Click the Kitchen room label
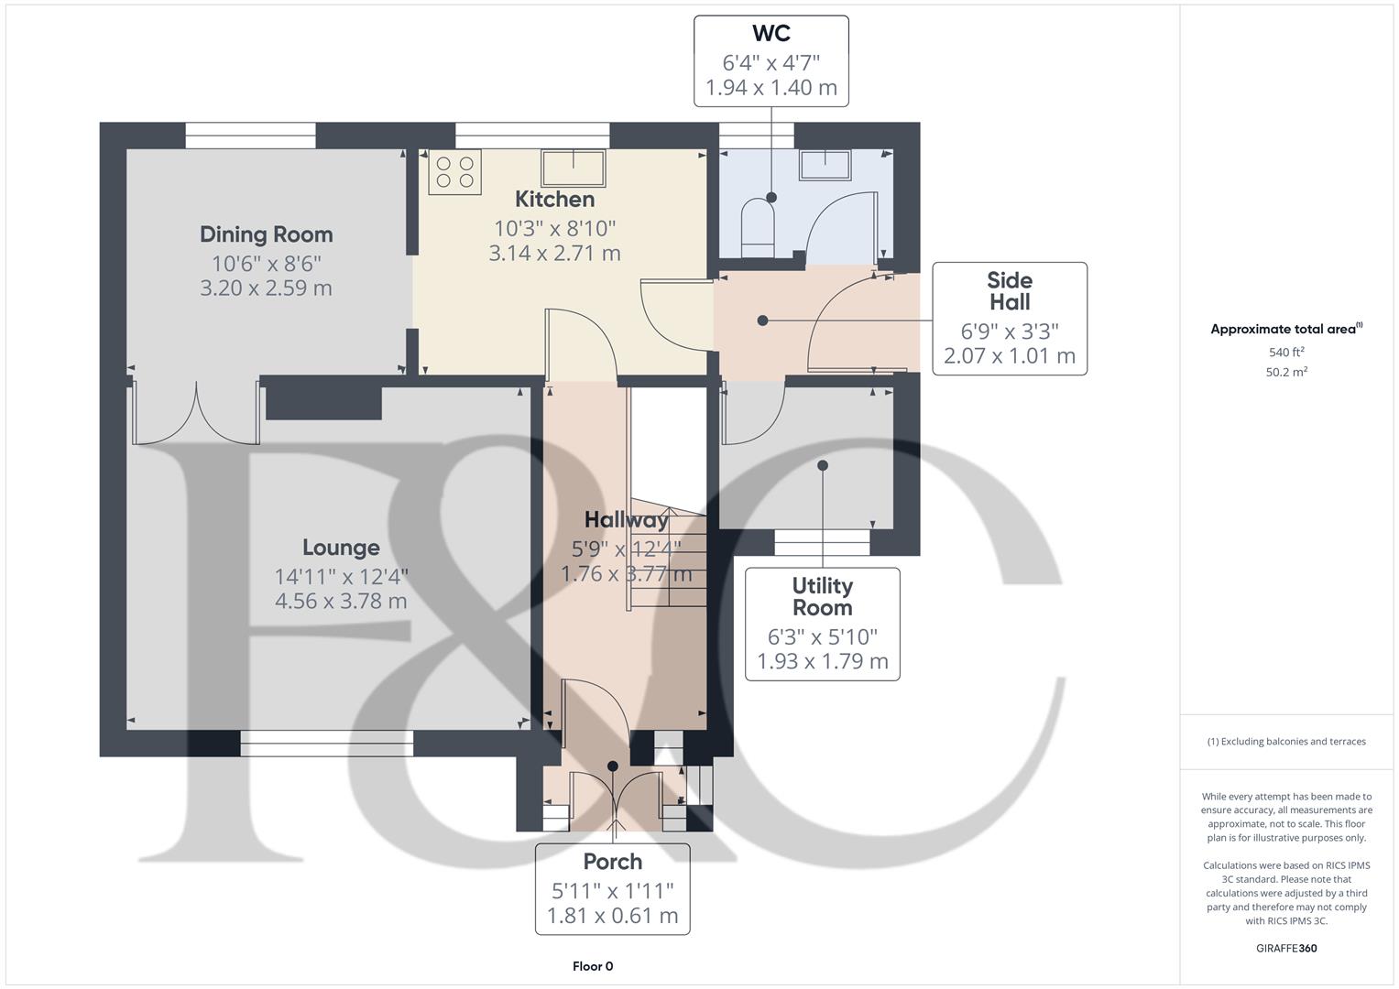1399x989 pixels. tap(554, 200)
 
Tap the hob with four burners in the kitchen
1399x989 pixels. tap(454, 172)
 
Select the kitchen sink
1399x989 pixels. tap(574, 168)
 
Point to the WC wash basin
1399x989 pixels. tap(826, 166)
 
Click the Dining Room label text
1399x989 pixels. tap(266, 234)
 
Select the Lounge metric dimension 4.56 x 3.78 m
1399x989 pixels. tap(341, 602)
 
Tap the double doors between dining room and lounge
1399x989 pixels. tap(195, 414)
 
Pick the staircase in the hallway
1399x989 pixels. tap(667, 559)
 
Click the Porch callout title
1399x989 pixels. tap(612, 862)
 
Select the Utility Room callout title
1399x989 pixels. tap(822, 596)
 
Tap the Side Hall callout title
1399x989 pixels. tap(1010, 291)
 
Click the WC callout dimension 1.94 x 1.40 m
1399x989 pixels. tap(771, 88)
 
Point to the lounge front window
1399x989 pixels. tap(326, 743)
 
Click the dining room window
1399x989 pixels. tap(250, 136)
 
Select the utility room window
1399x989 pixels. tap(822, 543)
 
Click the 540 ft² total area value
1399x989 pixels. tap(1286, 353)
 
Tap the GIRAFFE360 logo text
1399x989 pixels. tap(1286, 948)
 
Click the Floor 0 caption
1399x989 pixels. tap(593, 966)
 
